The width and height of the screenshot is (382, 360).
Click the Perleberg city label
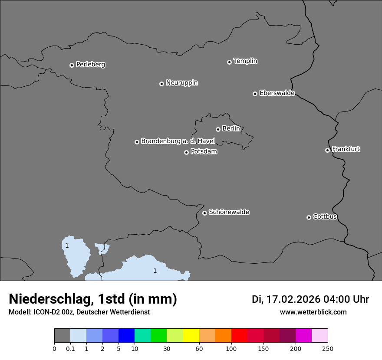tap(90, 65)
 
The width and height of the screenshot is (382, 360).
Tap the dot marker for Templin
tap(229, 62)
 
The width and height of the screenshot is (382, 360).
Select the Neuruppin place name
tap(181, 83)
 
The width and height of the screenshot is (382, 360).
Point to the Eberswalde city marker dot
tap(255, 94)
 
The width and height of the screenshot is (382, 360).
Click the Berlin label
tap(231, 128)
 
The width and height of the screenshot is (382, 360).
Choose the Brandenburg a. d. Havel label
tap(178, 141)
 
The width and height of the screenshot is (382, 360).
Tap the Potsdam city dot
tap(186, 152)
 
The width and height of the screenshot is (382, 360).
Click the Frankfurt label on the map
tap(346, 149)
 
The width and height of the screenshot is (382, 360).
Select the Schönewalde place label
tap(229, 212)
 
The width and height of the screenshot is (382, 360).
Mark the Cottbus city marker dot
tap(309, 217)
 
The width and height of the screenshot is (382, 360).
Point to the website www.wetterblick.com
tap(313, 312)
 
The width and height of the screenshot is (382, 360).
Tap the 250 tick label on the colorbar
tap(328, 348)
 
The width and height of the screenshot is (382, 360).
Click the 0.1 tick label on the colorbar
tap(70, 348)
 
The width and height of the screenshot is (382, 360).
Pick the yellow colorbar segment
tap(191, 336)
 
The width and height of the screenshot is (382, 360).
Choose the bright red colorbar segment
tap(239, 336)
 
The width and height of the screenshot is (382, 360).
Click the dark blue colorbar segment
tap(126, 336)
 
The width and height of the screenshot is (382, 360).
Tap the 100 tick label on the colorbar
tap(231, 348)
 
